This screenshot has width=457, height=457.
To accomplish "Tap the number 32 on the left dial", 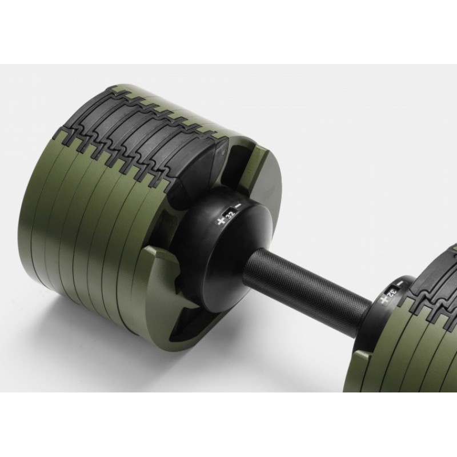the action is pos(231,215).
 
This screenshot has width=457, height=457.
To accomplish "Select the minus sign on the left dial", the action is pos(239,206).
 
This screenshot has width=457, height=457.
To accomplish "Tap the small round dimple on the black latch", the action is pos(223,153).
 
